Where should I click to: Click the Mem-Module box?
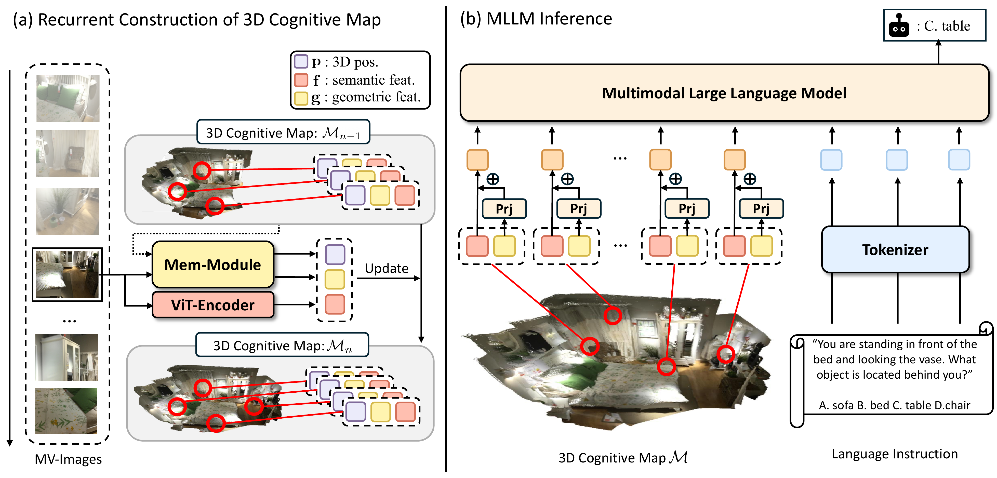click(x=212, y=265)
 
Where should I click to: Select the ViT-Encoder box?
click(x=212, y=305)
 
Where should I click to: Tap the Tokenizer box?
click(x=895, y=250)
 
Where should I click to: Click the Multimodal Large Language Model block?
click(x=724, y=93)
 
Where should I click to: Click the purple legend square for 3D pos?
click(x=301, y=62)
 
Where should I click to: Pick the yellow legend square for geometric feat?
click(x=301, y=98)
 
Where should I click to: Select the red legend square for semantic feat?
click(x=301, y=80)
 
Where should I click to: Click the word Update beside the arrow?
click(x=386, y=268)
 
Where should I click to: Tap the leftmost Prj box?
click(x=504, y=209)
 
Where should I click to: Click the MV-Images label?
click(x=68, y=459)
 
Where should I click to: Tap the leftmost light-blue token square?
click(x=831, y=160)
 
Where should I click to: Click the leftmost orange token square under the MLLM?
click(x=477, y=160)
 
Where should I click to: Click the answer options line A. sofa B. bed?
click(x=894, y=405)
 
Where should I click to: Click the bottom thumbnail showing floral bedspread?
click(x=66, y=411)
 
